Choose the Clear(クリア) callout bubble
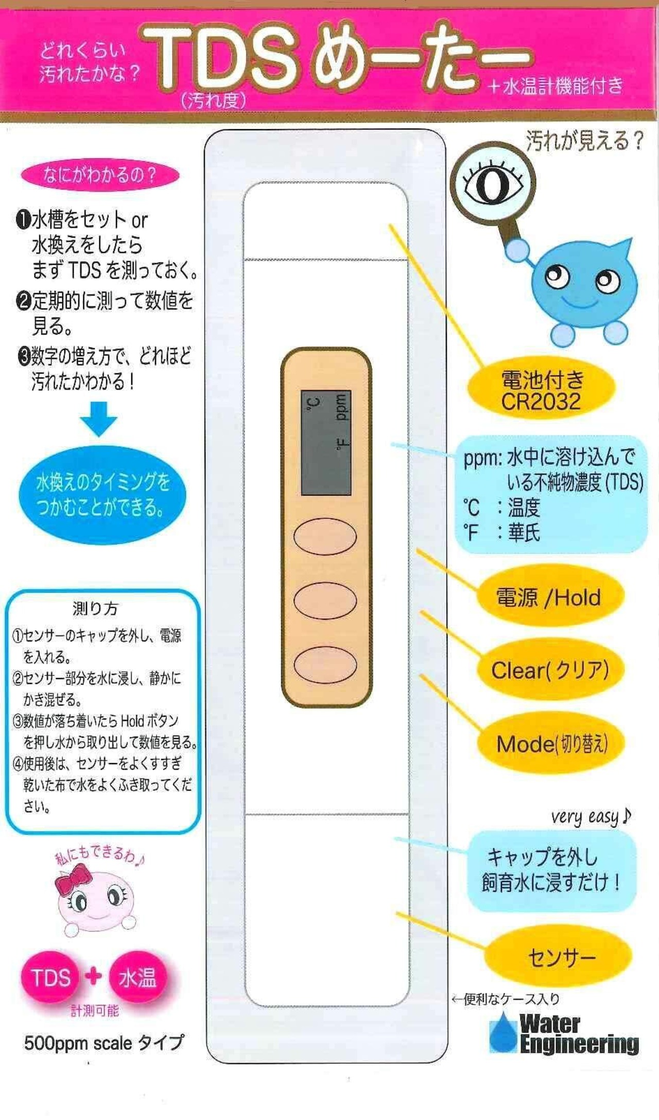pos(550,670)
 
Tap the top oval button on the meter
pos(325,537)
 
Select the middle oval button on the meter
pos(325,600)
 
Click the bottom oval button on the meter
pos(325,664)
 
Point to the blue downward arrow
pos(98,419)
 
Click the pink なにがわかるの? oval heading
pos(100,175)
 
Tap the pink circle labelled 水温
pos(137,977)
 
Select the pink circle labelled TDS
pos(50,977)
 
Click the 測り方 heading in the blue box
pos(95,608)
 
